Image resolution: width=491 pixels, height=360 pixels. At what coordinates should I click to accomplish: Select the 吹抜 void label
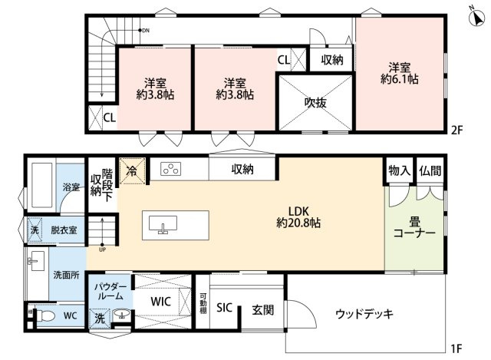click(x=315, y=102)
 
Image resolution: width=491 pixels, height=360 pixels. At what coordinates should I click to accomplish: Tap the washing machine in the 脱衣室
click(x=35, y=228)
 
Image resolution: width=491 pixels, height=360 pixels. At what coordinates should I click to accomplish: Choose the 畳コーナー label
click(x=414, y=225)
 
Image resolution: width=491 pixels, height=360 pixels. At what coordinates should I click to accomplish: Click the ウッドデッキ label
click(x=364, y=313)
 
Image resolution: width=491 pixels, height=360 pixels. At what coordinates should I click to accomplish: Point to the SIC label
click(x=224, y=308)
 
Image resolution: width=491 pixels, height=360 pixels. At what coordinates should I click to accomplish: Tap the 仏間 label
click(x=430, y=170)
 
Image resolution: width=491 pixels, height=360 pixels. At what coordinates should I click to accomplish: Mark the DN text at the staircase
click(x=146, y=31)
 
